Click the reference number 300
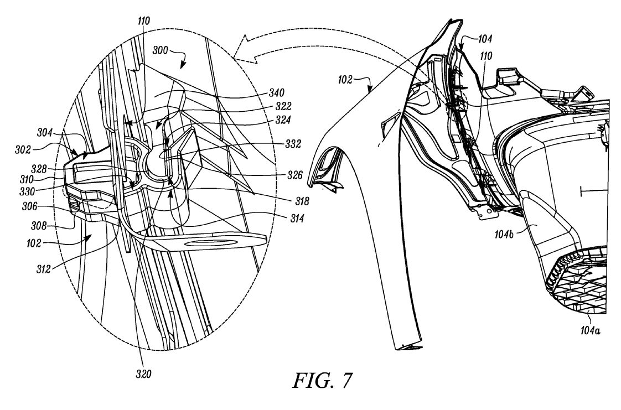tap(161, 50)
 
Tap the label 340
tap(276, 92)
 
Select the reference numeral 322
tap(283, 106)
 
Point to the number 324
tap(283, 120)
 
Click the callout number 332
tap(293, 144)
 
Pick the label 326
tap(295, 174)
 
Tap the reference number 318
tap(302, 201)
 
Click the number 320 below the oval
tap(143, 374)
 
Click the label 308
tap(39, 226)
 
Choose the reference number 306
tap(30, 206)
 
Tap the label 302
tap(23, 149)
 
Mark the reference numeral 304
tap(45, 133)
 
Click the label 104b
tap(504, 234)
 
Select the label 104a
tap(590, 330)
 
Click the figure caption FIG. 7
tap(322, 380)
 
